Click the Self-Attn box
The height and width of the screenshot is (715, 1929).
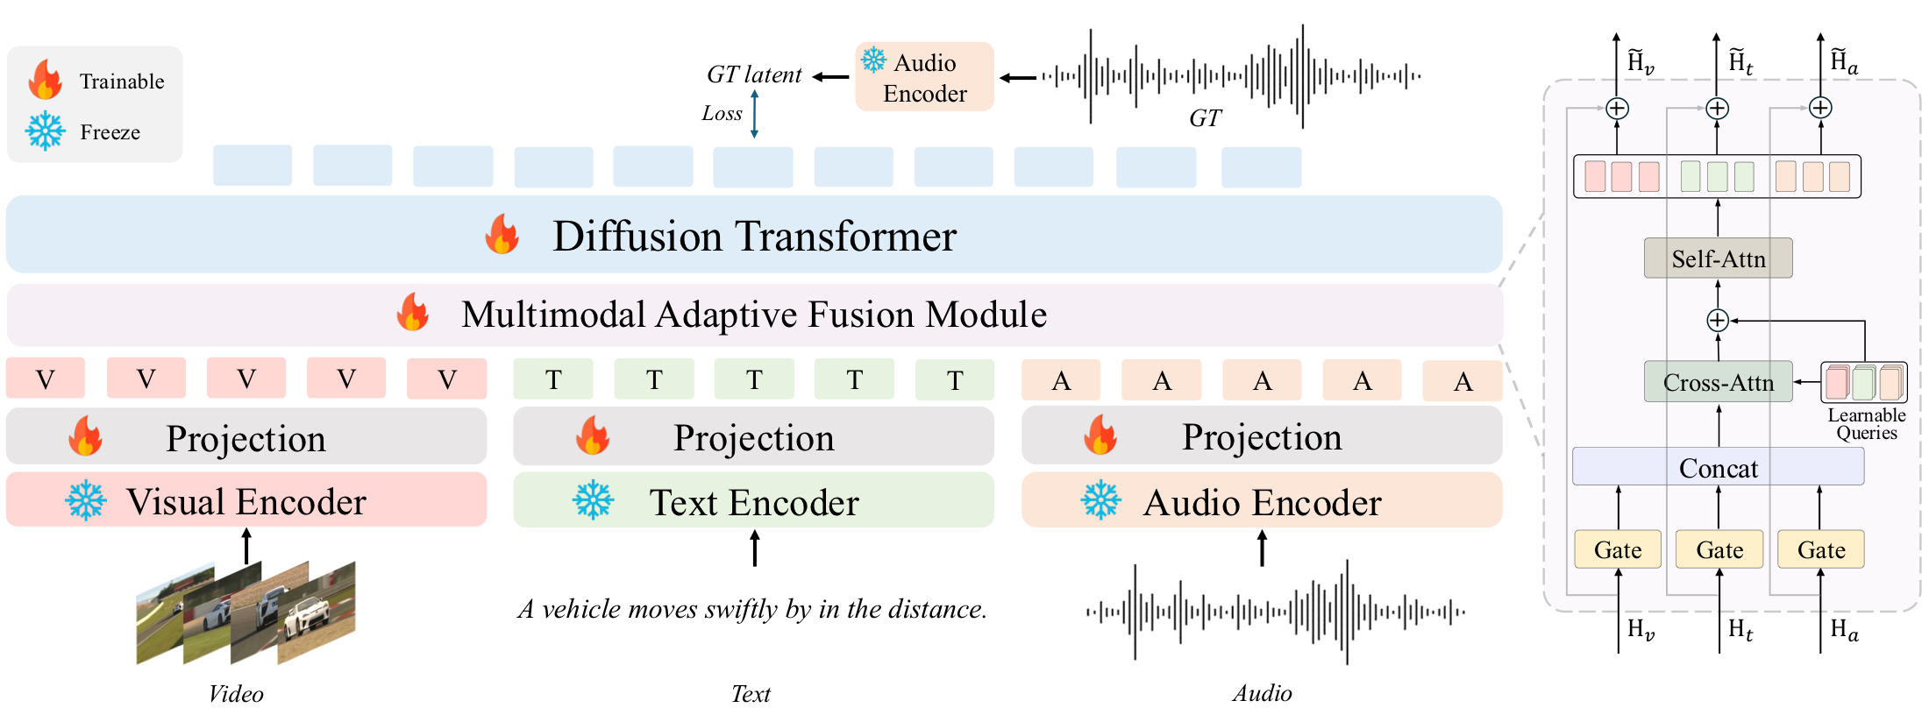click(1717, 258)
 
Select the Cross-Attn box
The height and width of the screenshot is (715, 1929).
click(1717, 382)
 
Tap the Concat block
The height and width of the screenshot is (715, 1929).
click(1717, 468)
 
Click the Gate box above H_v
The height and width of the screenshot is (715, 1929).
click(1617, 549)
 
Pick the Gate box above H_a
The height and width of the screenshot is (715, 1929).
click(1820, 549)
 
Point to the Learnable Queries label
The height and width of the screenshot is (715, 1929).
click(1866, 424)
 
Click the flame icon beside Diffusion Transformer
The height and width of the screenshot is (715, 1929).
click(502, 235)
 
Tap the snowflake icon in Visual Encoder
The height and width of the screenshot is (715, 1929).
click(86, 501)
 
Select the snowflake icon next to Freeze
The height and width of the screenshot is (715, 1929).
click(46, 131)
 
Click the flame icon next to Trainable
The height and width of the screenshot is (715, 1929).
click(46, 81)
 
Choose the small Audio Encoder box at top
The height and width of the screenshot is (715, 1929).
click(924, 77)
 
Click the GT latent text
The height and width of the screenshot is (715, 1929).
click(754, 75)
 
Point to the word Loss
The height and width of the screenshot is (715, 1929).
click(722, 114)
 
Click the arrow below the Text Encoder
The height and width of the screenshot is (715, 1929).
click(754, 549)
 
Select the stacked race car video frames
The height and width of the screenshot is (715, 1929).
click(246, 612)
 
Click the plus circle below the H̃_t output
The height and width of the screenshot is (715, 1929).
click(1717, 109)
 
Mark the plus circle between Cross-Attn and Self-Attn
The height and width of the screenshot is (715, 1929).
click(1717, 321)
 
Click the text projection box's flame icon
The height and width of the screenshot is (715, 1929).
click(593, 435)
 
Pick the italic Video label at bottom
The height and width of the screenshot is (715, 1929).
click(235, 694)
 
